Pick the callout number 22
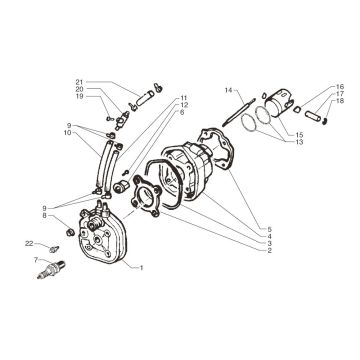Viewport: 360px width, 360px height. [x=30, y=243]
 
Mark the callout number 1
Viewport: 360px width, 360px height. [x=142, y=269]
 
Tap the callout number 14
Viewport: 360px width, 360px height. [x=228, y=89]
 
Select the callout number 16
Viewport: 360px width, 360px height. [x=340, y=86]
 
